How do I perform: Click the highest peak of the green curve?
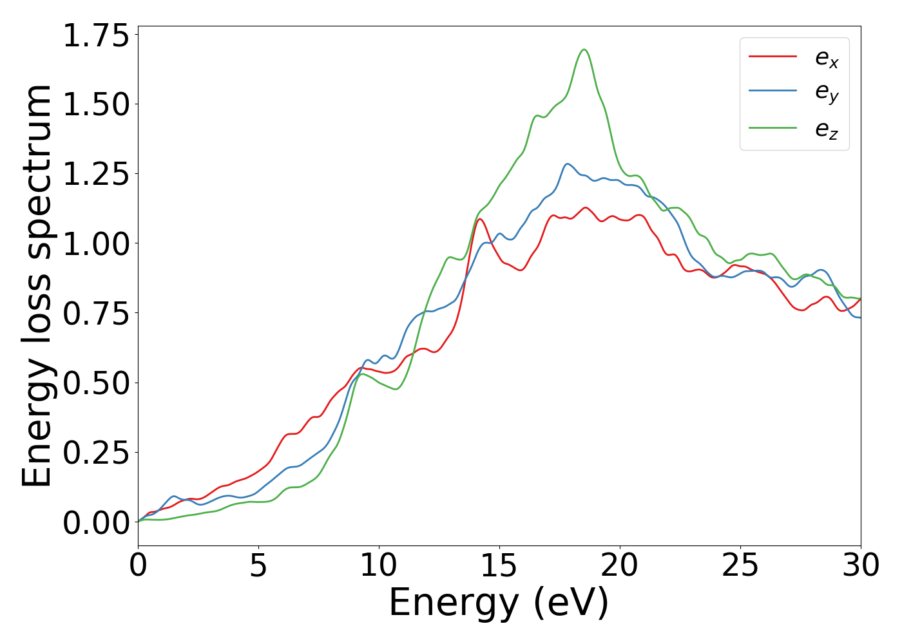(584, 50)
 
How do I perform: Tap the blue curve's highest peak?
(567, 164)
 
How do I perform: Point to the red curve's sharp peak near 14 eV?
(479, 219)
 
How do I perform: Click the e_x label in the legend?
(827, 58)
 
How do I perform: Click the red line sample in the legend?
(772, 57)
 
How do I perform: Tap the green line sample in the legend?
(772, 128)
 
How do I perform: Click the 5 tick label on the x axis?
(258, 565)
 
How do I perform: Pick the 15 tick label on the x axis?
(499, 565)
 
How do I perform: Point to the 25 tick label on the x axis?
(740, 565)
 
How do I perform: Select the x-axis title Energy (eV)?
(499, 603)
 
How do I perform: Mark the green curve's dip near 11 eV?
(395, 389)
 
